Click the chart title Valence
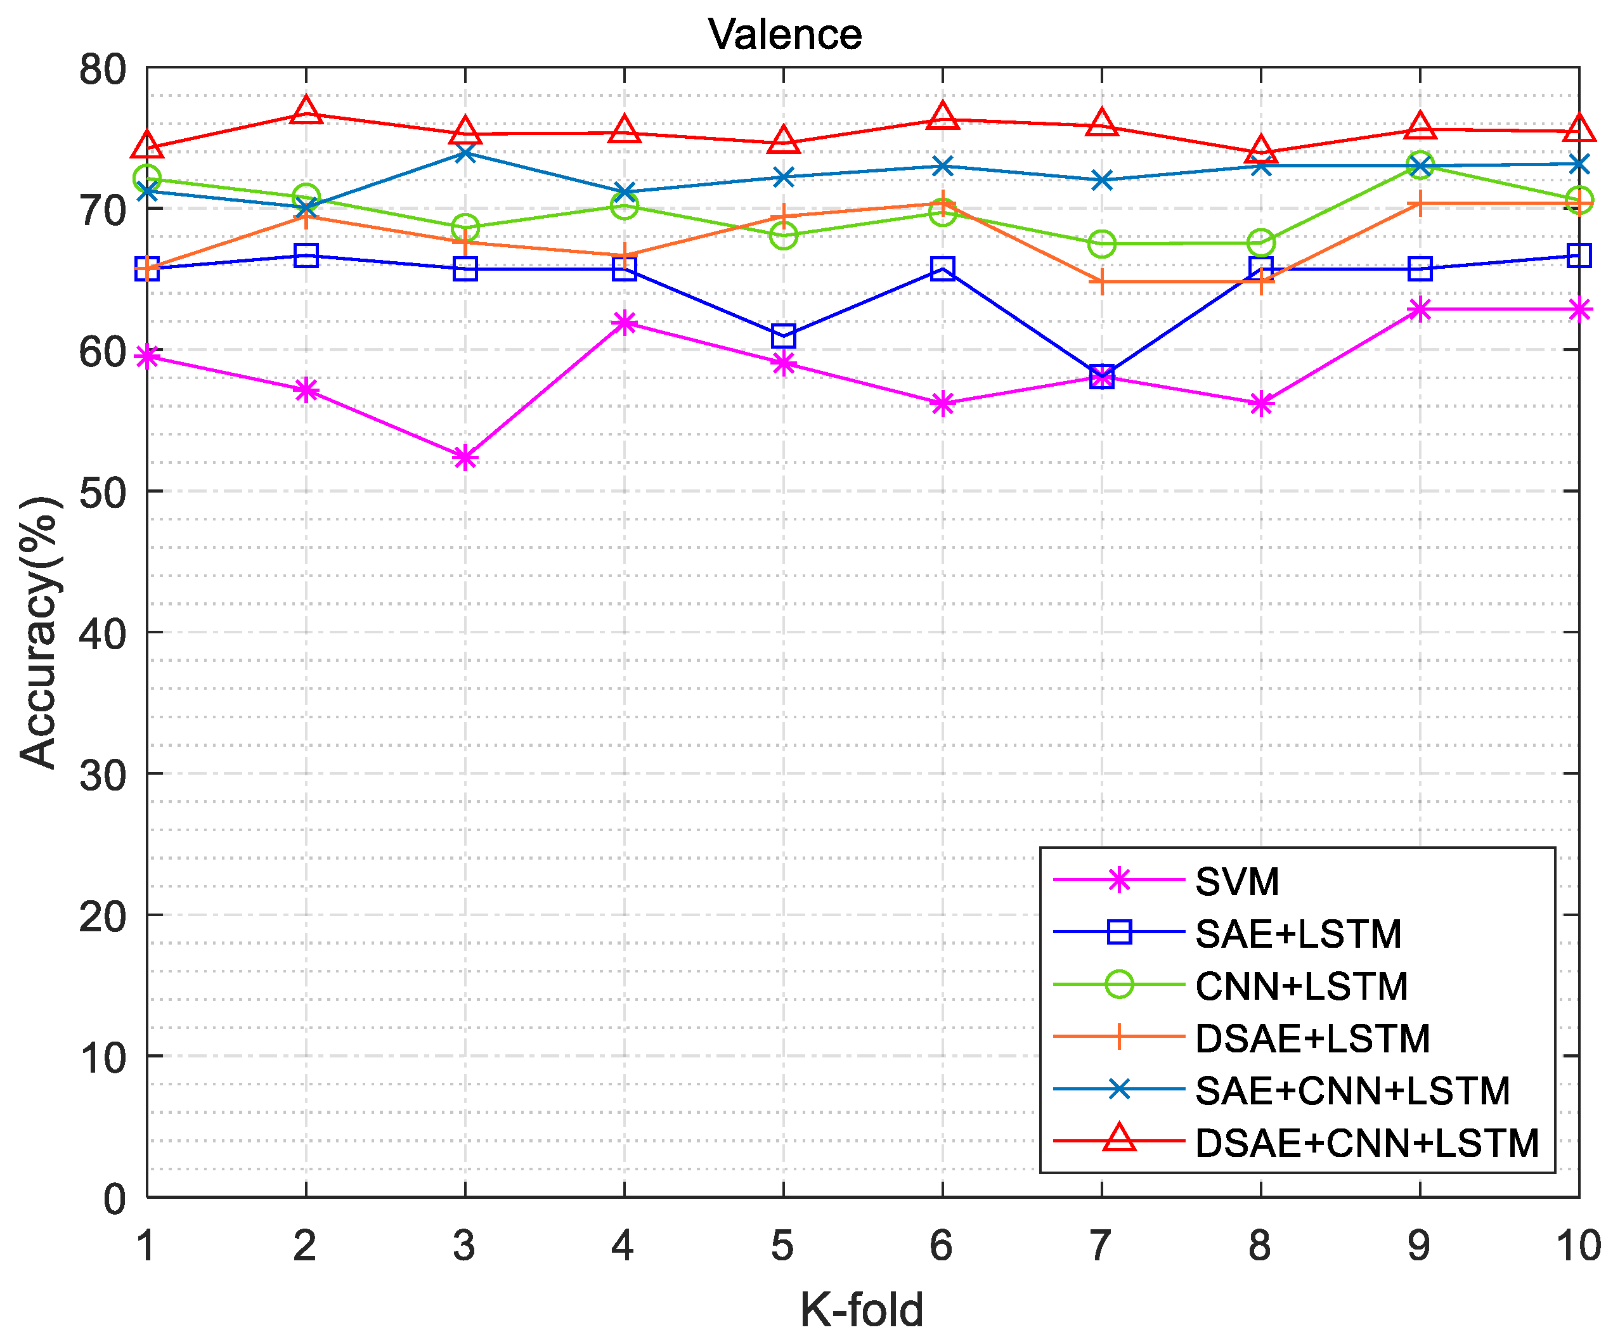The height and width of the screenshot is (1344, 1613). [784, 35]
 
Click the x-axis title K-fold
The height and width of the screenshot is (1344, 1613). [861, 1309]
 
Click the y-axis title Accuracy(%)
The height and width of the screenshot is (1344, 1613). [39, 631]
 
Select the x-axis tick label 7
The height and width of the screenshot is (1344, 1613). [1100, 1245]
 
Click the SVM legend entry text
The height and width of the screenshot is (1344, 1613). [1236, 882]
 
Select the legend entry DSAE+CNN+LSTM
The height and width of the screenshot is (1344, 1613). [1366, 1143]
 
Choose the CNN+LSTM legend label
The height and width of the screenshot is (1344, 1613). [1301, 986]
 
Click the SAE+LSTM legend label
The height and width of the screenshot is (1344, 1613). [1298, 934]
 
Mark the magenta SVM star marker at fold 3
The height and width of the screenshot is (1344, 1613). [465, 458]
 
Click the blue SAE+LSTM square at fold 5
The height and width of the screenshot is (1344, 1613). [784, 335]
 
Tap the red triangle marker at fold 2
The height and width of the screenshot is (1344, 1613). [306, 110]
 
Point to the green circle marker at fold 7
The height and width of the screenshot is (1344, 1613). [1101, 244]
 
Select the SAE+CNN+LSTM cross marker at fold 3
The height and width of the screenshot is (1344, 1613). [465, 153]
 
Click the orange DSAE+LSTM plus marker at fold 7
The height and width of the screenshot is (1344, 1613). [1101, 282]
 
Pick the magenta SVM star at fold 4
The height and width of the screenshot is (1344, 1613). [625, 322]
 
